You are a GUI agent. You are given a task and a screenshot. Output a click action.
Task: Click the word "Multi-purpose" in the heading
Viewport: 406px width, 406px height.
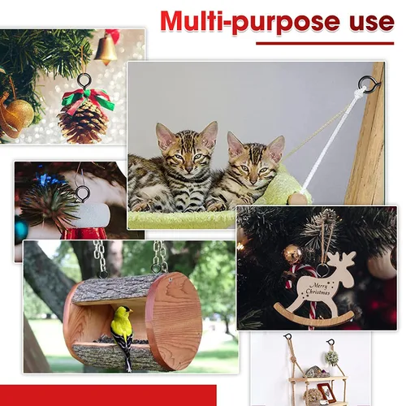(250, 22)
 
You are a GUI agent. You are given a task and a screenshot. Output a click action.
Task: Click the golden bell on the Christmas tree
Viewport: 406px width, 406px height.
(106, 50)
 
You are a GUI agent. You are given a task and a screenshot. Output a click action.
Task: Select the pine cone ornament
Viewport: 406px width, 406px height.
(83, 122)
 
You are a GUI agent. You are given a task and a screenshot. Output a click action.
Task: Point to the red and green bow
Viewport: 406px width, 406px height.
(88, 100)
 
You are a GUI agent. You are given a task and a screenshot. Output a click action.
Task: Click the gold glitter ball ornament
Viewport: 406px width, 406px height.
(19, 114)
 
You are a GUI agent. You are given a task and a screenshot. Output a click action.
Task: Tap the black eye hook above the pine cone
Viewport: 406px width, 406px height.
(84, 80)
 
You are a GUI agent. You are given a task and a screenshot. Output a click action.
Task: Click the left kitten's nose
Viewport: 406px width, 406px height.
(188, 169)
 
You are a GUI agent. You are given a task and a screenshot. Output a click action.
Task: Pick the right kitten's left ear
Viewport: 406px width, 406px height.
(235, 142)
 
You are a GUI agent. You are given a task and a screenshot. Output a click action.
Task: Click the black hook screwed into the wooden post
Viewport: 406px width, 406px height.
(368, 84)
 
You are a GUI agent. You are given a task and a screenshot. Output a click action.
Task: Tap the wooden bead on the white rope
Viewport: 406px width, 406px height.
(299, 199)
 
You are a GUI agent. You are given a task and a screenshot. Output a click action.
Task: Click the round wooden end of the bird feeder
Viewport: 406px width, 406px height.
(174, 321)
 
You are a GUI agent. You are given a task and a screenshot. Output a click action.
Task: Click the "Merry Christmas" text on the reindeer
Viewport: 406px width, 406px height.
(317, 289)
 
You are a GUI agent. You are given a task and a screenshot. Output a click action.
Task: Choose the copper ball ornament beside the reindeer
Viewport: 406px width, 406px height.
(292, 253)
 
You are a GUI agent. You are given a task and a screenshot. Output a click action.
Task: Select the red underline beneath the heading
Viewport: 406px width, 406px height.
(325, 43)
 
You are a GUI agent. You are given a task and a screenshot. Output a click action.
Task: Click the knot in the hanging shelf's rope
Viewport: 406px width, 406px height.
(293, 360)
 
